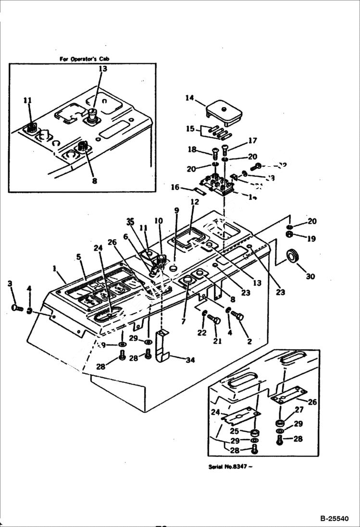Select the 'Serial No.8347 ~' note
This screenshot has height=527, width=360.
[230, 466]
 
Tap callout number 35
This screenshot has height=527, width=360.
[130, 221]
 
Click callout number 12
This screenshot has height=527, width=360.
[194, 202]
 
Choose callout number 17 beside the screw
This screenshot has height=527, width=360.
[252, 141]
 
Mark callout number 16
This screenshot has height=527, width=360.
[175, 187]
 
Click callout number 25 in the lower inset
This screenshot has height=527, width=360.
[234, 431]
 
